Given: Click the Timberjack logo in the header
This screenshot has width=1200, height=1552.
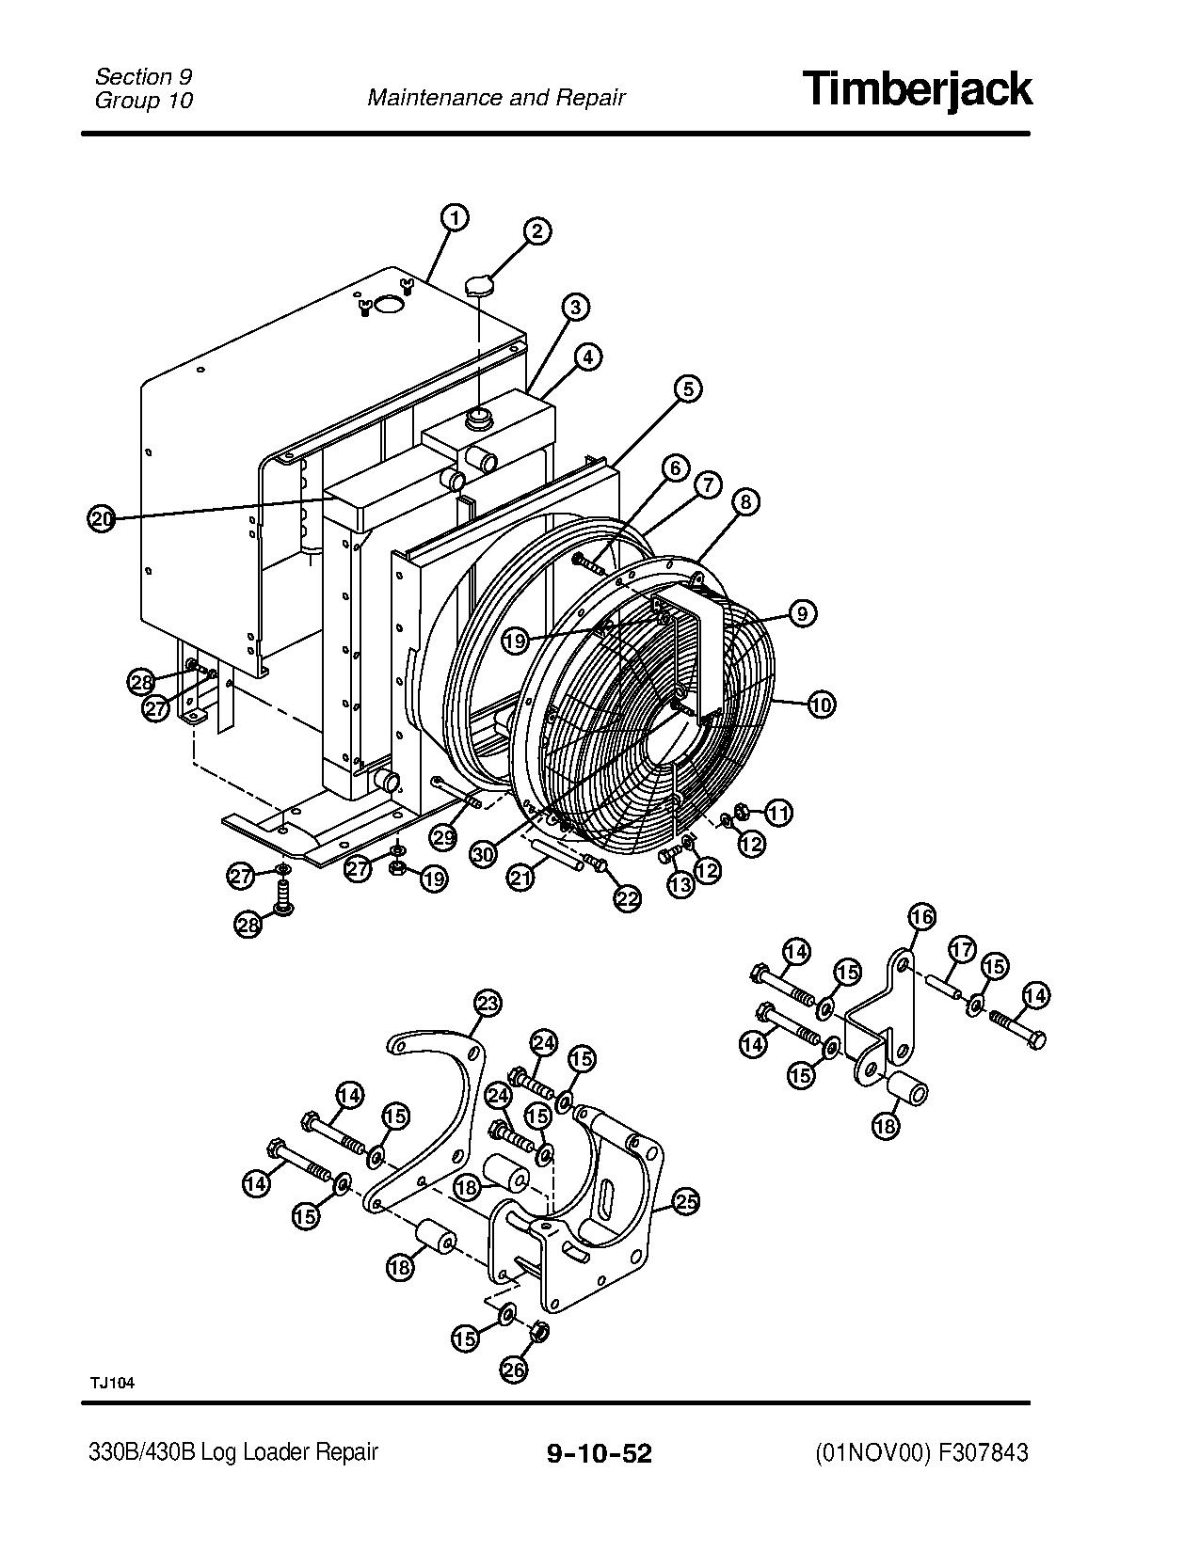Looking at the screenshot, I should (x=918, y=89).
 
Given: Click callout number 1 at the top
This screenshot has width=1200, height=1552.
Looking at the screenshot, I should (x=454, y=218).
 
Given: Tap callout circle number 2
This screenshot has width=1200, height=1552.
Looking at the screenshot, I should (x=536, y=231).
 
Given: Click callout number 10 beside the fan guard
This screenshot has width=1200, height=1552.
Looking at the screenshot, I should (x=821, y=704).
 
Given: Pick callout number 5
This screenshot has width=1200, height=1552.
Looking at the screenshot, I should (x=688, y=388).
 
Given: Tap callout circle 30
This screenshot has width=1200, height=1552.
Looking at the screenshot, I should (x=484, y=853).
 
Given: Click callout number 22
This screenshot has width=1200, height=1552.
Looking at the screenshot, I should (x=627, y=897).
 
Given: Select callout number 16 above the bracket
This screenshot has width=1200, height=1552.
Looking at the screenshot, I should (x=921, y=916).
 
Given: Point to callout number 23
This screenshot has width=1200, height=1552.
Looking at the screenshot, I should (x=487, y=1005).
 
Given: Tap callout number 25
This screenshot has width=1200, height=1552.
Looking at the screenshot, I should (x=686, y=1201).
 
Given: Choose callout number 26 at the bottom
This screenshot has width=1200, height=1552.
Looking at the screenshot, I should (x=514, y=1370).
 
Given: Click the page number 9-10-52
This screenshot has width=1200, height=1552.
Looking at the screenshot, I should (x=600, y=1453).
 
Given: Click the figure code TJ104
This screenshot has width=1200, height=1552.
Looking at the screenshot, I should (x=113, y=1383).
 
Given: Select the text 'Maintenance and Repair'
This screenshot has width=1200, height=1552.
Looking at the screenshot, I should (x=496, y=98).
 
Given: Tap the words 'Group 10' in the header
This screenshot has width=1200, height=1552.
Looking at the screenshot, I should (x=143, y=101).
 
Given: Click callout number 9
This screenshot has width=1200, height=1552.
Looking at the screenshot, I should (x=801, y=614).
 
